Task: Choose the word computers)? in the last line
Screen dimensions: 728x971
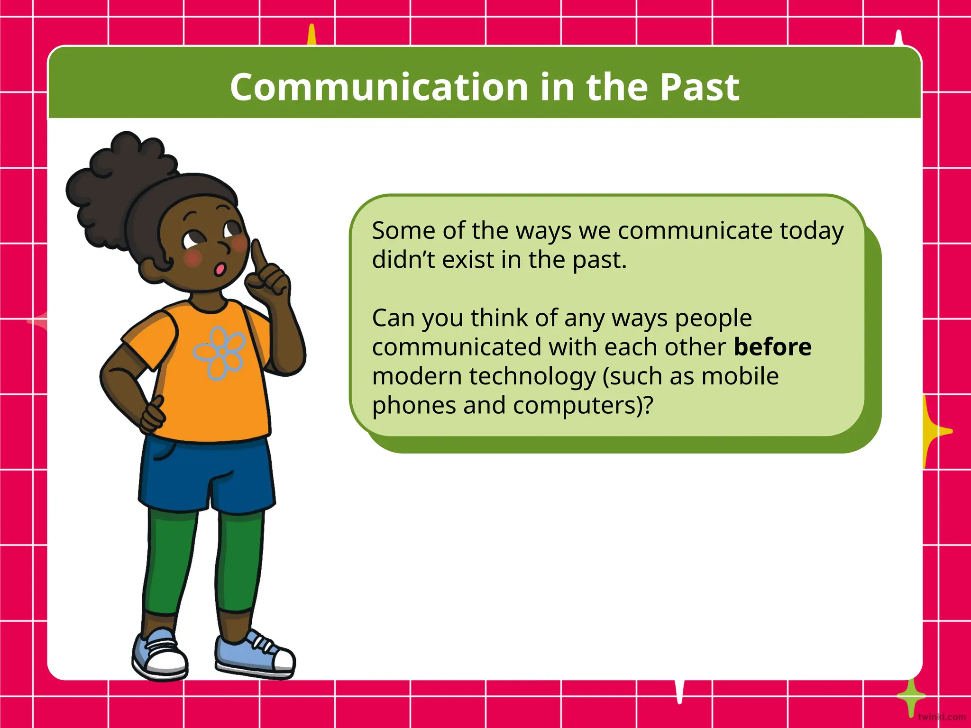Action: (x=583, y=405)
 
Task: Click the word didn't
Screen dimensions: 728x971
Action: (x=401, y=260)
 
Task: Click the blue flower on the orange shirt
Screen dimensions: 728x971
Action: (x=219, y=353)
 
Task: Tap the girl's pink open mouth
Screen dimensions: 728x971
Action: (x=220, y=269)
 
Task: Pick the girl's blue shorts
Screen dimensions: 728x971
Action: (x=206, y=474)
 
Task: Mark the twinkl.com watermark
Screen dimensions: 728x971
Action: (x=941, y=717)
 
